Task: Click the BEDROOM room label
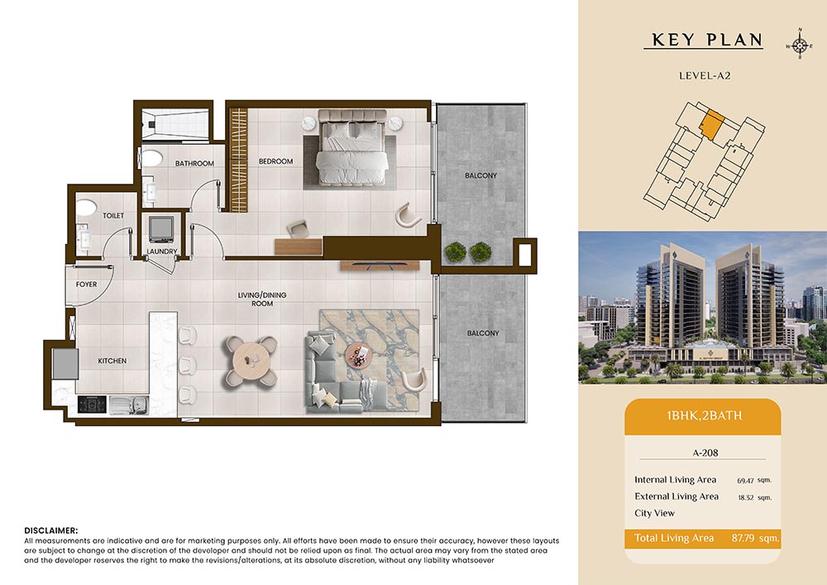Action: click(275, 161)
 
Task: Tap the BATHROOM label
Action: click(194, 164)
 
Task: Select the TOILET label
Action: click(113, 216)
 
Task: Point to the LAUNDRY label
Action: click(162, 252)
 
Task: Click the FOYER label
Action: click(87, 285)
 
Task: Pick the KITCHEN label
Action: click(112, 361)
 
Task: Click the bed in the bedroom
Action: click(352, 148)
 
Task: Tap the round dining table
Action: click(251, 362)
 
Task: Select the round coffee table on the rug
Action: click(359, 356)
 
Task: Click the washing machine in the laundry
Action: click(161, 229)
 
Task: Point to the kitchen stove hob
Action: click(92, 405)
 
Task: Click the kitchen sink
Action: click(129, 405)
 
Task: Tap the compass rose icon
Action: click(800, 45)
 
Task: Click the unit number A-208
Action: click(705, 453)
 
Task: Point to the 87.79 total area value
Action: click(743, 538)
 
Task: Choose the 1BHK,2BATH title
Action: click(704, 415)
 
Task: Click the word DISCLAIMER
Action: click(51, 530)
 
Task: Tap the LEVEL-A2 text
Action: click(705, 75)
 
